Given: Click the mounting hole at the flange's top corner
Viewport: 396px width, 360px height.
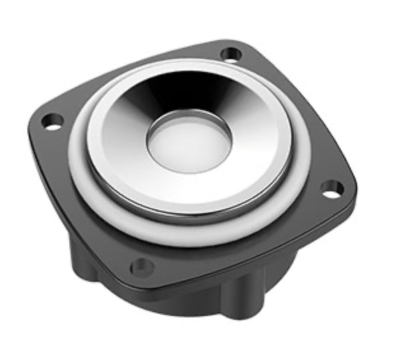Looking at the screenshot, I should point(233,53).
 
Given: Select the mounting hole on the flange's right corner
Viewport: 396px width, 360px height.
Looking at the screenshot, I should point(330,188).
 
